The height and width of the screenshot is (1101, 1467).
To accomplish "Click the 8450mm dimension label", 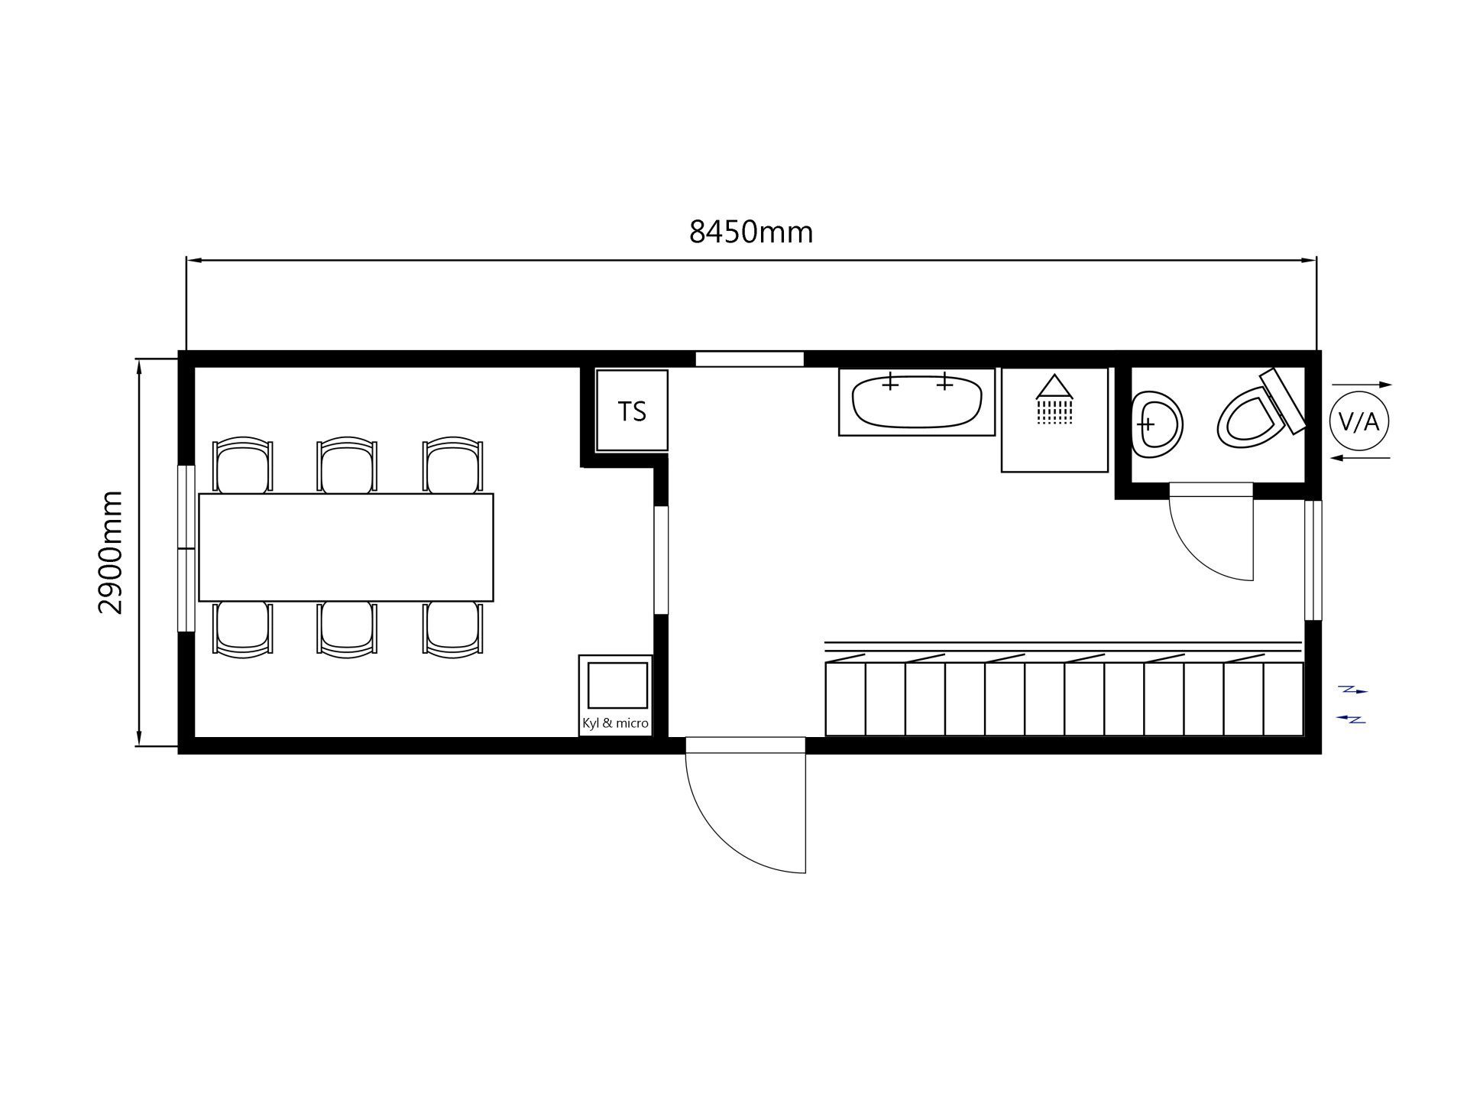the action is tap(751, 232).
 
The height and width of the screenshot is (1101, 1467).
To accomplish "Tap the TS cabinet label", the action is tap(632, 411).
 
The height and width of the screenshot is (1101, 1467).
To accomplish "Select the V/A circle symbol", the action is tap(1359, 421).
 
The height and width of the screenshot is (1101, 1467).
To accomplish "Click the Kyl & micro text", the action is tap(615, 723).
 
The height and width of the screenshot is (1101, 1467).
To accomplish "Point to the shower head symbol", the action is tap(1054, 398).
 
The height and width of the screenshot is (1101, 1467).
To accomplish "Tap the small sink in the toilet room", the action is tap(1157, 424).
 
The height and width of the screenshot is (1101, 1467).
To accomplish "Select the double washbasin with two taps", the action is tap(917, 401).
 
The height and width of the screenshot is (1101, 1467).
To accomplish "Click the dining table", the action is tap(346, 547).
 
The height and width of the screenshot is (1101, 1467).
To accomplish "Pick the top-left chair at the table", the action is tap(242, 466).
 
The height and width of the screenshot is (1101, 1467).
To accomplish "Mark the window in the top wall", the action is tap(750, 359).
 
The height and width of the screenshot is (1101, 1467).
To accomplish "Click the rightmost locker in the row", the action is tap(1284, 699).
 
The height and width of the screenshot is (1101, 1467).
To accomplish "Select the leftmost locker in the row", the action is tap(846, 699).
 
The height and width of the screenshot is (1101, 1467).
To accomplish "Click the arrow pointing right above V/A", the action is tap(1362, 385).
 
